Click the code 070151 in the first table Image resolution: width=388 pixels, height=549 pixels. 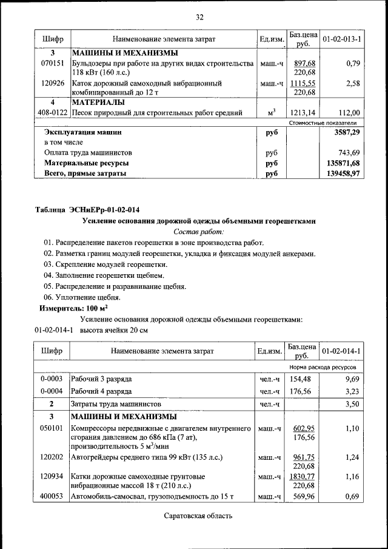click(x=53, y=64)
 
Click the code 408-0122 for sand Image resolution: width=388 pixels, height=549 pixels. click(x=53, y=112)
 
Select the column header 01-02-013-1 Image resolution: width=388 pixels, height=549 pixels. click(x=341, y=39)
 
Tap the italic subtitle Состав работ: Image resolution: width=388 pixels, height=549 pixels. click(x=198, y=231)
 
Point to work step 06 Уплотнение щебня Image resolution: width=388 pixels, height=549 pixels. click(x=82, y=297)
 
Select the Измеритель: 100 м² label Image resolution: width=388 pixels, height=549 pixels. click(x=69, y=308)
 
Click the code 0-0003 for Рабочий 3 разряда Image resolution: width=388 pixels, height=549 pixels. click(x=53, y=379)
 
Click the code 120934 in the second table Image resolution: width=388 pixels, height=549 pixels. click(x=53, y=477)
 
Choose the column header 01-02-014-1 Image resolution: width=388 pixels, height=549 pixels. click(x=341, y=351)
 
